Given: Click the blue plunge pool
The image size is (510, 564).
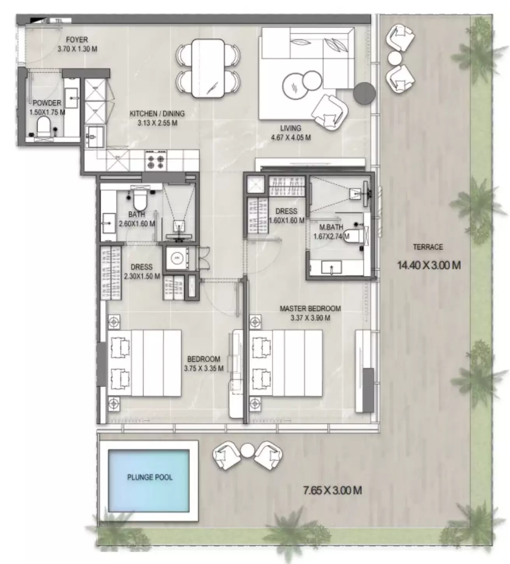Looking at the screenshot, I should [149, 481].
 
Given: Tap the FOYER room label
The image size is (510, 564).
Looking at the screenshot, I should [77, 40].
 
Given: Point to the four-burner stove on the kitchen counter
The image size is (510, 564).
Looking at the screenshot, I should [156, 160].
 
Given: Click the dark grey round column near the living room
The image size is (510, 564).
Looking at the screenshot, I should [364, 93].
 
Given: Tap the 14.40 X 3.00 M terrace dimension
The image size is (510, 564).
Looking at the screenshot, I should [429, 266].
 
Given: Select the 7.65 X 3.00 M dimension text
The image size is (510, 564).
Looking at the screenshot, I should [332, 490].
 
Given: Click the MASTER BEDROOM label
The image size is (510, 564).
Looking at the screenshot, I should [310, 308].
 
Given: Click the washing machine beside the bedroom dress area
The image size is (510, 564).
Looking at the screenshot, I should [177, 258].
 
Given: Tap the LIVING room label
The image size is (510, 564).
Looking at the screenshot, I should [291, 128].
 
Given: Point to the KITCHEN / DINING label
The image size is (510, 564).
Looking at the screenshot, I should [157, 114].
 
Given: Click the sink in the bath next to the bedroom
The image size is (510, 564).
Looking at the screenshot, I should [107, 224].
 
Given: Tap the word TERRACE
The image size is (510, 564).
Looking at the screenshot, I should [428, 247].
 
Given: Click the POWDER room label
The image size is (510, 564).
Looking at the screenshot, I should [47, 103].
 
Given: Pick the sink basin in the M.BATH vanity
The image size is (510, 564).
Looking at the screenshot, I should [331, 268].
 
